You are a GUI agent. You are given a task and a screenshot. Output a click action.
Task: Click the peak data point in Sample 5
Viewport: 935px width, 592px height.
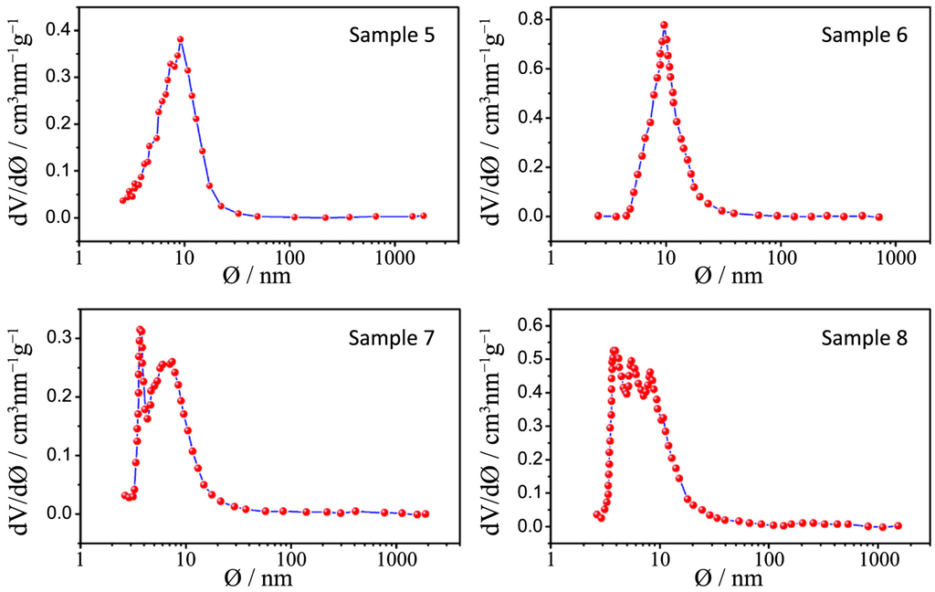coord(181,39)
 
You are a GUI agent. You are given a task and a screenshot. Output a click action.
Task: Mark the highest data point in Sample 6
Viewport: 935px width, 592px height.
coord(664,25)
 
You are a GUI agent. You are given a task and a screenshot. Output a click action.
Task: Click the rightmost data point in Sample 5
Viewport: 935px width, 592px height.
coord(423,216)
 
